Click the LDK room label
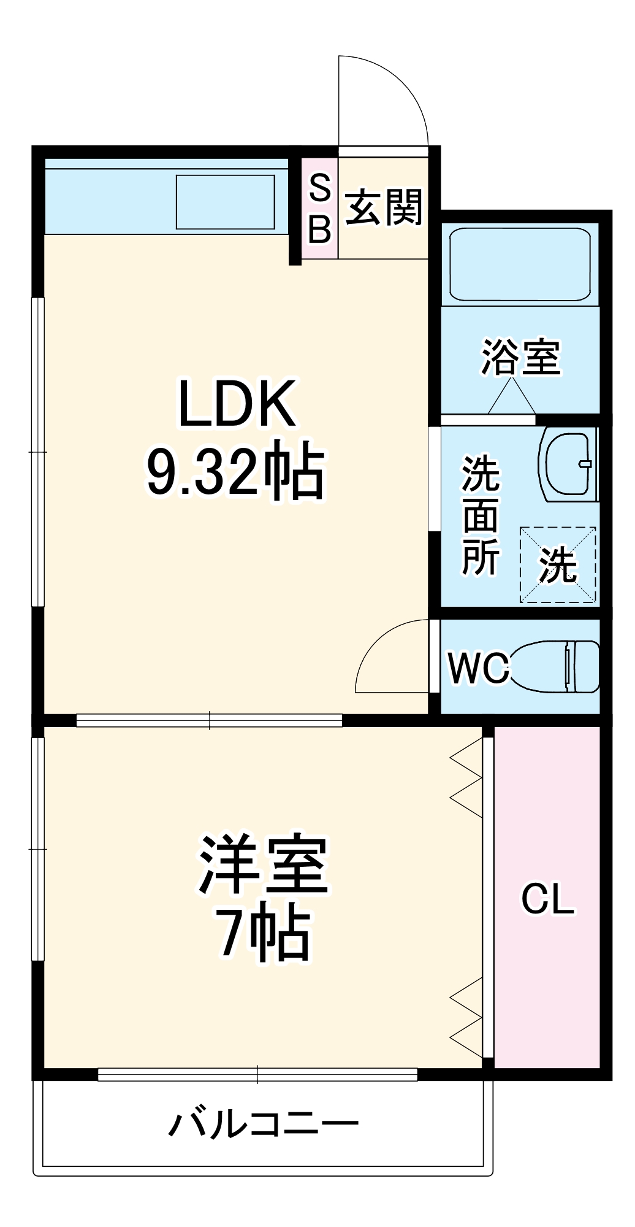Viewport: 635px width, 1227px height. [x=237, y=404]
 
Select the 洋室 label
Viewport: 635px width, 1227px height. [x=264, y=864]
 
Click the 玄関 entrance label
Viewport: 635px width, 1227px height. [x=384, y=207]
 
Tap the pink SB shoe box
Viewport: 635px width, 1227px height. [x=319, y=209]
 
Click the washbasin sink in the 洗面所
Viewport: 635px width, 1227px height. [x=567, y=465]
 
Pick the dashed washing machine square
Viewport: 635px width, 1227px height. [x=558, y=564]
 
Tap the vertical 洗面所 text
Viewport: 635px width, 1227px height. [x=480, y=515]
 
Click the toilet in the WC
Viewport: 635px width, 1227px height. [x=555, y=666]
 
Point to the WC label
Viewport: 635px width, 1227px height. [x=478, y=667]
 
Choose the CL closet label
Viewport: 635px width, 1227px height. [x=548, y=899]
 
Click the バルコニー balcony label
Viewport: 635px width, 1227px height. [x=264, y=1124]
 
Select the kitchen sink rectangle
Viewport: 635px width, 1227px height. [x=226, y=202]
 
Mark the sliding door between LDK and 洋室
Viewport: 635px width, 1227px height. [x=209, y=720]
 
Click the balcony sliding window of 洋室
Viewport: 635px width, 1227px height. [x=257, y=1074]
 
